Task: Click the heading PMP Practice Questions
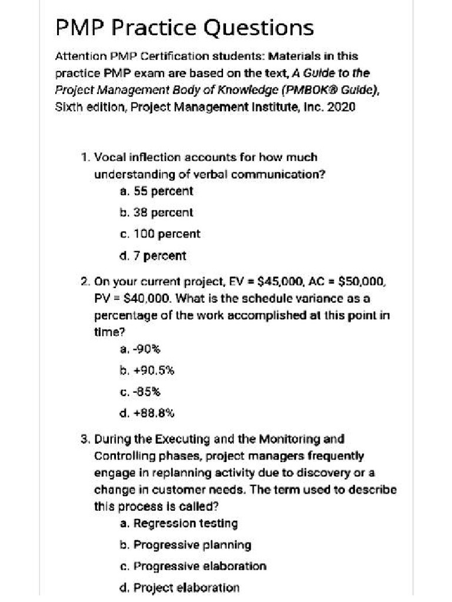coord(184,27)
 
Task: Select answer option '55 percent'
coord(156,191)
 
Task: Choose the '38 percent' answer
coord(156,212)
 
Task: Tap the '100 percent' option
coord(159,234)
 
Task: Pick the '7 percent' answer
coord(152,256)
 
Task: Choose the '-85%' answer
coord(140,392)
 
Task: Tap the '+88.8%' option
coord(147,413)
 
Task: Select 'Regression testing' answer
coord(178,523)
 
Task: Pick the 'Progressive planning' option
coord(185,544)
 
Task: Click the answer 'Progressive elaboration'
coord(192,566)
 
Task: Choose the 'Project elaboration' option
coord(179,587)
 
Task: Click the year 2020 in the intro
coord(342,108)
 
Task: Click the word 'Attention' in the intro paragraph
coord(80,57)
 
